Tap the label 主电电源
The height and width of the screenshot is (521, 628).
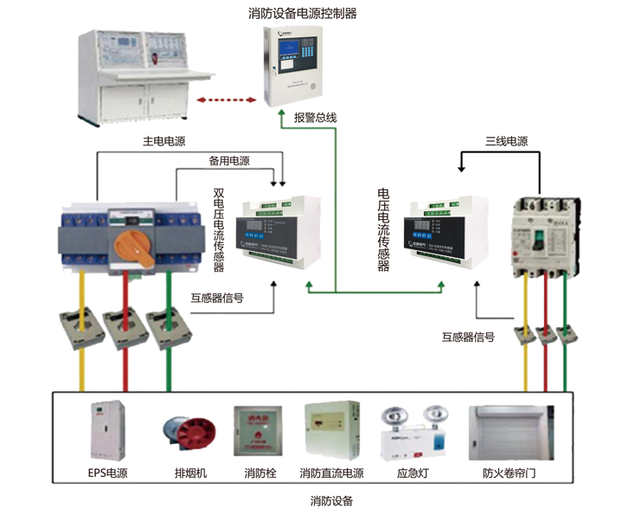coord(163,140)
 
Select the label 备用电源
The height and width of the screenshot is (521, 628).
coord(229,161)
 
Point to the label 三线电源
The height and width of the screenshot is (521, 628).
coord(506,141)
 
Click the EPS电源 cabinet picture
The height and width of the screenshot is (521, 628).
coord(107,432)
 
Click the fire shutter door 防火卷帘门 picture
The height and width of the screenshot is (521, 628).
coord(514,432)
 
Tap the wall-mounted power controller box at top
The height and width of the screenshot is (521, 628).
coord(292,68)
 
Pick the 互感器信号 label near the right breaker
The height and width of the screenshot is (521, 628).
coord(468,338)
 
